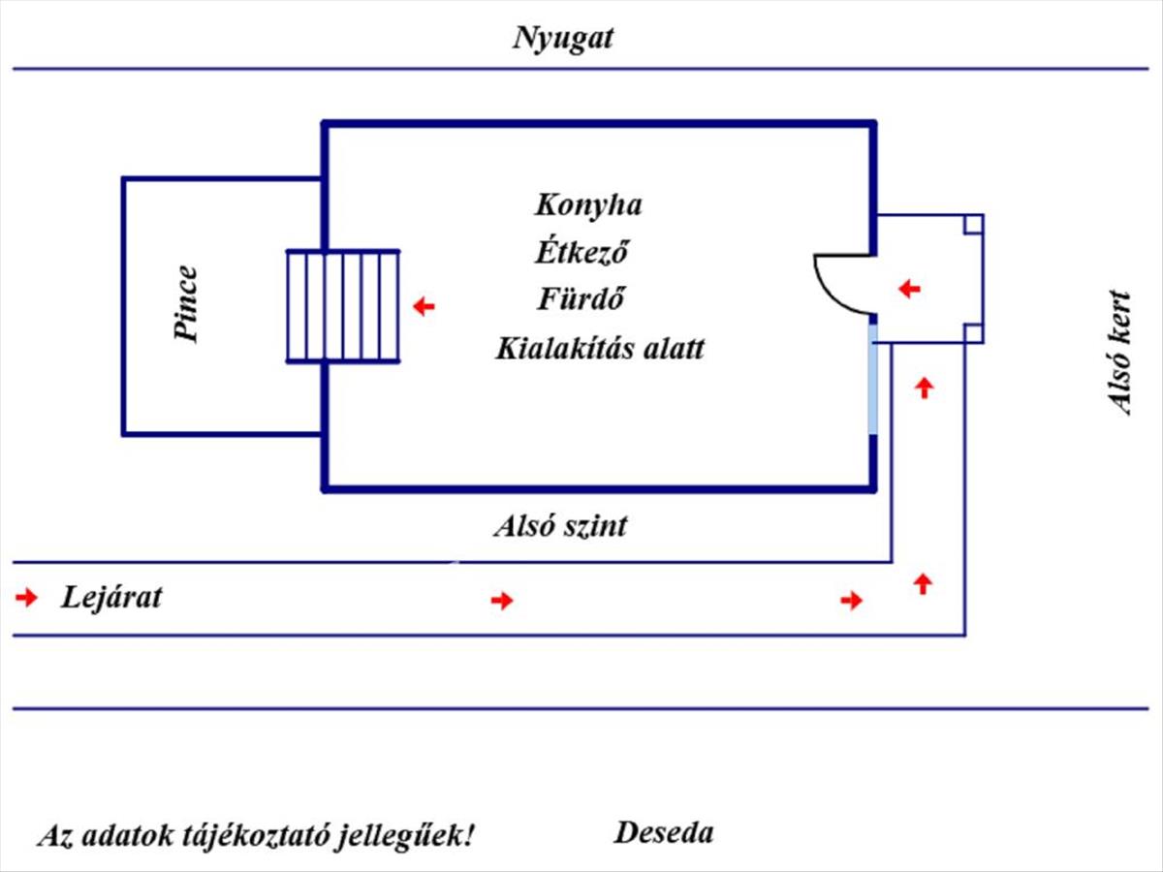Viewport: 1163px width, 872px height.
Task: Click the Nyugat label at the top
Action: [563, 39]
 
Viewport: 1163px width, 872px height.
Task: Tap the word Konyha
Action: [587, 205]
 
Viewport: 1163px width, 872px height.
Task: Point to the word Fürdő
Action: [581, 299]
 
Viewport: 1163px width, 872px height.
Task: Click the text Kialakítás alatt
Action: [600, 348]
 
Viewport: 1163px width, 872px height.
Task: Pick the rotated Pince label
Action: [186, 304]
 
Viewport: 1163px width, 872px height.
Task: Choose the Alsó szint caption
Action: [560, 526]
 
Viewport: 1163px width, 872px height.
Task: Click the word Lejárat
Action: [111, 597]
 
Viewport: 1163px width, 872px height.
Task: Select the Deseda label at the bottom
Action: [664, 832]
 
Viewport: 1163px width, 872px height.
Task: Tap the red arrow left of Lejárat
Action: [26, 598]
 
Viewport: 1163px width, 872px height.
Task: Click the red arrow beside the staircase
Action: [424, 307]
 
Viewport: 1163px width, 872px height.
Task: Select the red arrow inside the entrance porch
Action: [909, 289]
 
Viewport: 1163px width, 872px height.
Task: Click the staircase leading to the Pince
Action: [343, 306]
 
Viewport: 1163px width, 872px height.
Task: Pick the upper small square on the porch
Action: [973, 225]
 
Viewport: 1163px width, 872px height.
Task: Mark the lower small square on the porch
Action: [973, 333]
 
